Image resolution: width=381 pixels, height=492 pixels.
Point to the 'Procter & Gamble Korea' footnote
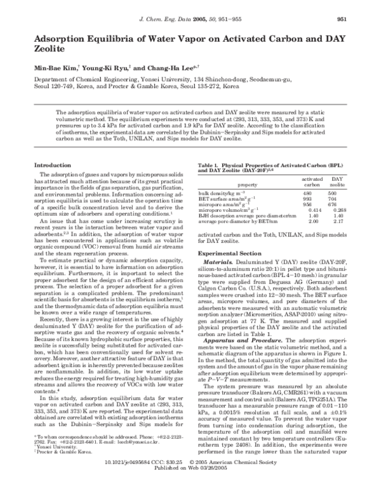(62, 467)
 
